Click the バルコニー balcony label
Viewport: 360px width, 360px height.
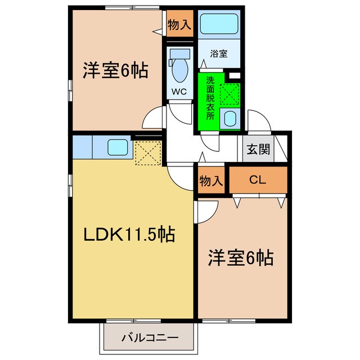[149, 339]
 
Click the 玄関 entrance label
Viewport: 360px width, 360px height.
[258, 149]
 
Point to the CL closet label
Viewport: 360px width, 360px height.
[258, 180]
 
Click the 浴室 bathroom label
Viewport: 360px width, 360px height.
[219, 54]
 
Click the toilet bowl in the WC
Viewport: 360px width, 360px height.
[179, 71]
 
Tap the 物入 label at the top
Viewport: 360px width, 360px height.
[179, 25]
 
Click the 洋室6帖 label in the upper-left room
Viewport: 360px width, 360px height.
[116, 71]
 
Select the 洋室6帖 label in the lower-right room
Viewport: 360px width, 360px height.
[241, 258]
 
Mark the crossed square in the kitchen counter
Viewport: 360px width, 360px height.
[148, 153]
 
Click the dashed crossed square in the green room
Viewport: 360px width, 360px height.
[230, 93]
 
